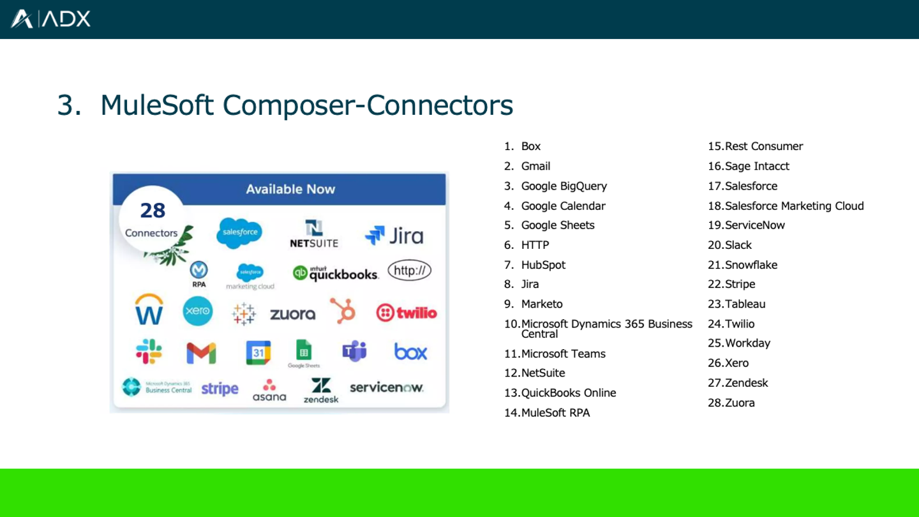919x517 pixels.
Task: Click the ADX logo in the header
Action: [x=50, y=19]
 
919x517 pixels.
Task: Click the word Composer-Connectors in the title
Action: [x=368, y=105]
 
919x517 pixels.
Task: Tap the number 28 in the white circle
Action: [x=153, y=211]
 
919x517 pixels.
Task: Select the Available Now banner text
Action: [x=290, y=189]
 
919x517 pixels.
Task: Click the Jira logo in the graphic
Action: [x=394, y=236]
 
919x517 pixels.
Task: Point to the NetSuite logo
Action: [x=314, y=234]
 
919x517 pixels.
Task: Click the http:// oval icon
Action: [x=409, y=271]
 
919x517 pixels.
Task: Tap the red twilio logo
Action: [x=407, y=313]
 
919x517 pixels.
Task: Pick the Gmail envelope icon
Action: [x=201, y=352]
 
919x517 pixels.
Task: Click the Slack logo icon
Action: [x=149, y=352]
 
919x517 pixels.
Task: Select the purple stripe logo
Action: [x=220, y=389]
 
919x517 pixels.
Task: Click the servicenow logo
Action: [x=386, y=387]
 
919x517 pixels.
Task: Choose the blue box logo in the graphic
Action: [x=410, y=352]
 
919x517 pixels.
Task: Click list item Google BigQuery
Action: [x=564, y=186]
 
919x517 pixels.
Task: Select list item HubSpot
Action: [x=543, y=265]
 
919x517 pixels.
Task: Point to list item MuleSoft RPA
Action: [x=555, y=413]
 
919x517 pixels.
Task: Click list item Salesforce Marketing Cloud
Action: [x=794, y=206]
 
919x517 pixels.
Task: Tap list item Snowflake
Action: [x=751, y=265]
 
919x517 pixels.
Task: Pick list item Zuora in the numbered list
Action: [x=740, y=403]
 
